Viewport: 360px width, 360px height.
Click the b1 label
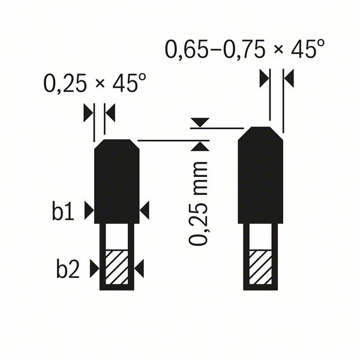pos(63,210)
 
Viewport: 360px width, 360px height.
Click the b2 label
pos(68,268)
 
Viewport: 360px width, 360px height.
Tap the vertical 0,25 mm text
pos(198,203)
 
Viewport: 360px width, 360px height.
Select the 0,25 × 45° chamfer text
pos(95,83)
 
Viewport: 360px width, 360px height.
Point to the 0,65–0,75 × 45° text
pos(245,49)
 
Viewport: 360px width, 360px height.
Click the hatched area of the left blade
pos(116,267)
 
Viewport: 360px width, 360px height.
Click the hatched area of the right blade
pos(260,267)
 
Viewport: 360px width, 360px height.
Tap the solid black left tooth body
pos(116,181)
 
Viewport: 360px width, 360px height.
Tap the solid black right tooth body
pos(260,175)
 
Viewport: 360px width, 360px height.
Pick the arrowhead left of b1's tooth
pos(89,211)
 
